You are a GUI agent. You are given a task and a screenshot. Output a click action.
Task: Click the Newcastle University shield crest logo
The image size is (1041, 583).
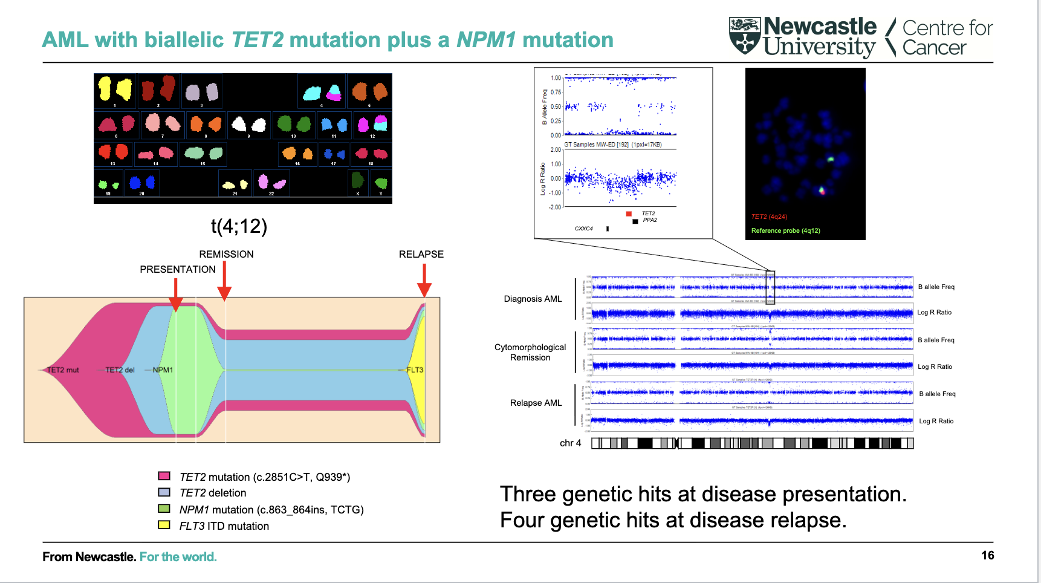[x=744, y=36]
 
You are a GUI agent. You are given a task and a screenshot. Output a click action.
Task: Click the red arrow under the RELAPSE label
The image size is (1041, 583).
[x=424, y=282]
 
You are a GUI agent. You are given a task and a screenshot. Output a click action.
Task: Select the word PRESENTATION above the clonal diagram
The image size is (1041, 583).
[x=178, y=269]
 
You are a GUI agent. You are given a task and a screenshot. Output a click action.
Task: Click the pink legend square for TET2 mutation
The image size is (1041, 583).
[x=164, y=476]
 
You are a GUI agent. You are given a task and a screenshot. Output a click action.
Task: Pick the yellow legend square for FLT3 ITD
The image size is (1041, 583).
[x=164, y=525]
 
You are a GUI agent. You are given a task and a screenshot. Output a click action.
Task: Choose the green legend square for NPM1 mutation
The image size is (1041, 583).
[x=164, y=509]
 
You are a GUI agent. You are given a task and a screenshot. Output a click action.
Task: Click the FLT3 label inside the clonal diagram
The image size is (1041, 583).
[x=415, y=370]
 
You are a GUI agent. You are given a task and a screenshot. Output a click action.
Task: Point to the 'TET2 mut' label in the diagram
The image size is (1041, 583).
[x=63, y=370]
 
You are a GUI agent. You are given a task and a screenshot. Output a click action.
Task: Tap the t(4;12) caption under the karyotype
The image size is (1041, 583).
[x=239, y=226]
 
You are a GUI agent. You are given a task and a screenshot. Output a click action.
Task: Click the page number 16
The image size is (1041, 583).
[x=987, y=555]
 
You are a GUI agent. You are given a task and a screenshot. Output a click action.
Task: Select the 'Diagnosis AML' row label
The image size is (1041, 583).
[x=533, y=299]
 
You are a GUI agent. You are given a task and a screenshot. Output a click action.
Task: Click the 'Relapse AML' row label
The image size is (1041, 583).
[x=536, y=403]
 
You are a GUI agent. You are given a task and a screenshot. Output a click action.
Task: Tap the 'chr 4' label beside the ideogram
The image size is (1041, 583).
[x=570, y=443]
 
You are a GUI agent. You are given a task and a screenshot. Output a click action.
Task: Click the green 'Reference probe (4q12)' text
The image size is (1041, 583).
[x=785, y=230]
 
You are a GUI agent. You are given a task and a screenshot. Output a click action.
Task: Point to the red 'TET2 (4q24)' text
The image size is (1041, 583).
[x=769, y=217]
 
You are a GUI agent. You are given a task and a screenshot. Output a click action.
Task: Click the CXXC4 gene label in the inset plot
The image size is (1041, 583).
[x=583, y=229]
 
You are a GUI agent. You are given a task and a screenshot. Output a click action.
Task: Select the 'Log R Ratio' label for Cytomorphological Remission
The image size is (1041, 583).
[x=935, y=366]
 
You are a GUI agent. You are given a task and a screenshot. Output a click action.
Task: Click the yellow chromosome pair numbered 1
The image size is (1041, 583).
[x=114, y=90]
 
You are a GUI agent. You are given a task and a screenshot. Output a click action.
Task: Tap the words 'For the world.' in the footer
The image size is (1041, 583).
[x=178, y=556]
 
